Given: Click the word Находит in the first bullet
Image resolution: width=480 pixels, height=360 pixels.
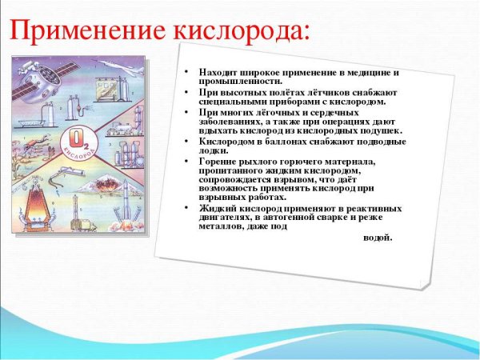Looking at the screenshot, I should [x=217, y=73].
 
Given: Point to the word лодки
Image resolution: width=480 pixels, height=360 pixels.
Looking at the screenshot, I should [x=213, y=150].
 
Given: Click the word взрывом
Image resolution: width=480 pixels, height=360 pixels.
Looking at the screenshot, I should [x=288, y=182].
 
